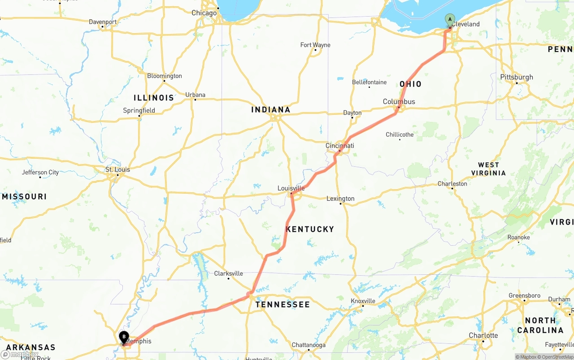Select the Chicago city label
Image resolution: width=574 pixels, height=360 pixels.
point(204,13)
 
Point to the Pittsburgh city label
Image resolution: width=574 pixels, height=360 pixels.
point(517,77)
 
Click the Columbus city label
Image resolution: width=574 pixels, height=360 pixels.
point(399,102)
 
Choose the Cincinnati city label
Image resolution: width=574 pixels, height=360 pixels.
point(339,146)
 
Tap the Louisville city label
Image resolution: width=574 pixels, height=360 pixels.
point(291,188)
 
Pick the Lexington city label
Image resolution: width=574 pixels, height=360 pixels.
point(340,199)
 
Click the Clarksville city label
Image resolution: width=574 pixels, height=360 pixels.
point(228,273)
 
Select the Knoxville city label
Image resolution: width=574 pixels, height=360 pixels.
point(363,301)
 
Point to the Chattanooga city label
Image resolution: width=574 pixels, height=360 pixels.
point(309,345)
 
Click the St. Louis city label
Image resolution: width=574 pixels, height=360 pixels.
point(117,169)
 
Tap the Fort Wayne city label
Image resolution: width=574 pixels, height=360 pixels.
point(315,45)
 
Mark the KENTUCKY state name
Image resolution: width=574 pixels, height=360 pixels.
point(310,229)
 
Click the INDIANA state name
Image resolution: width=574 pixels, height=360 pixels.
point(270,109)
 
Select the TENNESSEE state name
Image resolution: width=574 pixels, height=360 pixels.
point(283,304)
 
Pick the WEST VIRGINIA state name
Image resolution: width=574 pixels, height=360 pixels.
point(488,169)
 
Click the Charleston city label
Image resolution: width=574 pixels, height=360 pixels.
point(452,184)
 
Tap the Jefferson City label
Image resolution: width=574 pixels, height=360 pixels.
point(40,173)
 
